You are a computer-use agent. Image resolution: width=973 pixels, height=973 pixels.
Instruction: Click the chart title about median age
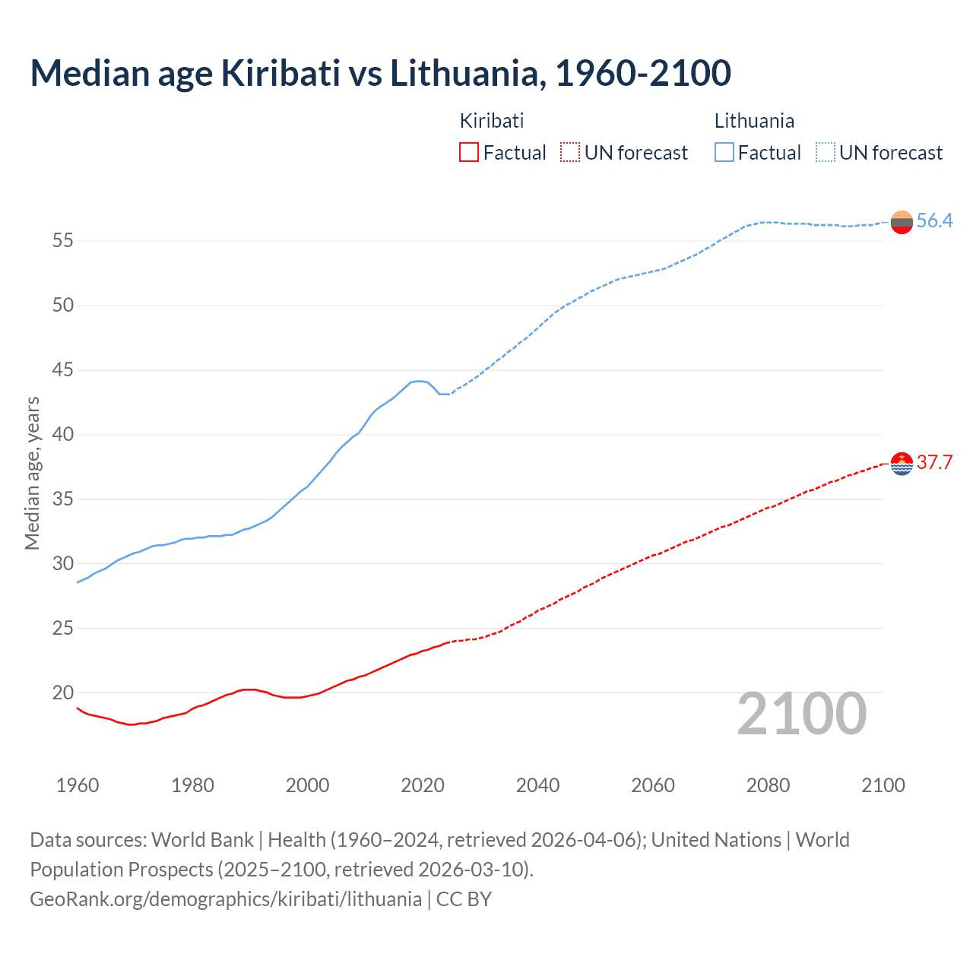click(x=380, y=73)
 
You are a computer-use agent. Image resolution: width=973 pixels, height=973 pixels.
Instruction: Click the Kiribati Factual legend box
click(x=469, y=153)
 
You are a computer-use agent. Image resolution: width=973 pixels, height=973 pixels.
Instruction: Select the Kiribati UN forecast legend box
click(x=570, y=153)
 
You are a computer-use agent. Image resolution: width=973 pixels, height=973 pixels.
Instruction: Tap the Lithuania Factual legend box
click(x=724, y=153)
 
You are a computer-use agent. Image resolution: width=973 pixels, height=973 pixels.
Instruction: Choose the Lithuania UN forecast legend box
click(x=825, y=153)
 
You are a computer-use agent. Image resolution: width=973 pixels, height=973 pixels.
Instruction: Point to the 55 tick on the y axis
click(x=62, y=241)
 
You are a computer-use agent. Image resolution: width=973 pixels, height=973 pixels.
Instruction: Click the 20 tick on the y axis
click(x=62, y=693)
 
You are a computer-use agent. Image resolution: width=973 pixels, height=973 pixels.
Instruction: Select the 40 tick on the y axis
click(x=62, y=435)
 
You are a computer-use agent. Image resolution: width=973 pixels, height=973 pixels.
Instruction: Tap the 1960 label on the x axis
click(x=78, y=785)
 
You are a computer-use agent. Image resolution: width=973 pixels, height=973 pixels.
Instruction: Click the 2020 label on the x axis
click(x=423, y=785)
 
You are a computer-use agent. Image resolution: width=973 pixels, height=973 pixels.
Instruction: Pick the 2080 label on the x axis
click(x=768, y=785)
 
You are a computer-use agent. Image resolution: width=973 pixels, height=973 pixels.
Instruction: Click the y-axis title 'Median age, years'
click(x=32, y=473)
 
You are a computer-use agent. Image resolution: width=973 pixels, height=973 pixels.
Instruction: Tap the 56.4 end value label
click(x=934, y=221)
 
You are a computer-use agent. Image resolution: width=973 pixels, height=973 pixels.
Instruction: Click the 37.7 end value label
click(x=934, y=463)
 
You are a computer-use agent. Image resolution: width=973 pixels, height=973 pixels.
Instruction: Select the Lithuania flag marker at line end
click(x=902, y=222)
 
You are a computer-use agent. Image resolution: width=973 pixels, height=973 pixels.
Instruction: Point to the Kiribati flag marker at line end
click(x=902, y=463)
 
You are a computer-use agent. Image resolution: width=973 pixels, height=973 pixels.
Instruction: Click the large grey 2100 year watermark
click(x=801, y=714)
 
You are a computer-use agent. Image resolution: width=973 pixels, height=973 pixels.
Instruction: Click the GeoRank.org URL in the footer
click(x=225, y=899)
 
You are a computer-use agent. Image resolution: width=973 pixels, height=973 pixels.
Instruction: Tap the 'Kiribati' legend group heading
click(x=492, y=121)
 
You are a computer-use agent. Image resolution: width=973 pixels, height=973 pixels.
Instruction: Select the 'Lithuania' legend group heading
click(x=754, y=121)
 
